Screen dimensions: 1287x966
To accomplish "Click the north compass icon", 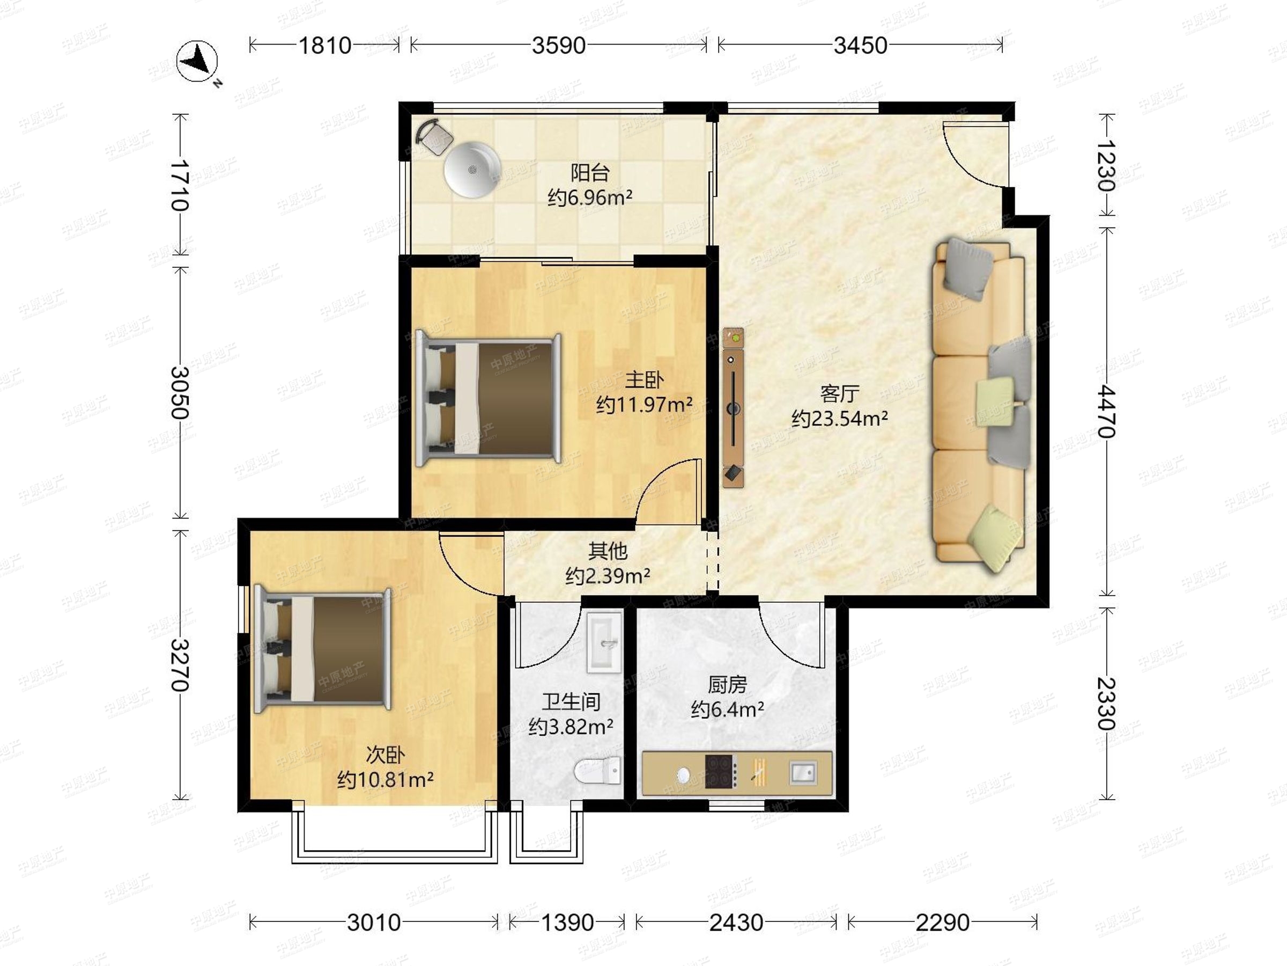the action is click(x=197, y=61).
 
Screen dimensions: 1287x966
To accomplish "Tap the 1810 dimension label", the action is click(x=324, y=46).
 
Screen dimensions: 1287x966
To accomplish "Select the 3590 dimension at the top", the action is click(x=559, y=46).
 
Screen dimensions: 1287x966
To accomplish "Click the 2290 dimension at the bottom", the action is click(x=943, y=923).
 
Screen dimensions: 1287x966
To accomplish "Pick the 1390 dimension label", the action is click(x=567, y=923).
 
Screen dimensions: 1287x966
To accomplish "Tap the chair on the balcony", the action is click(x=434, y=137).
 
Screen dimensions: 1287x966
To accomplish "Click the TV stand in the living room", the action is click(x=733, y=407).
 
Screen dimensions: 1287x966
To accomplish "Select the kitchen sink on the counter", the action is click(x=803, y=773).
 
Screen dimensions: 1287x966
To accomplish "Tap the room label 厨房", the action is click(x=727, y=685).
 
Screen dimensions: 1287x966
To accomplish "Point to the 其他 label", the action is click(x=608, y=550).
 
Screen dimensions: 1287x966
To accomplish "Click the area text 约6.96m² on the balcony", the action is click(x=590, y=198).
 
